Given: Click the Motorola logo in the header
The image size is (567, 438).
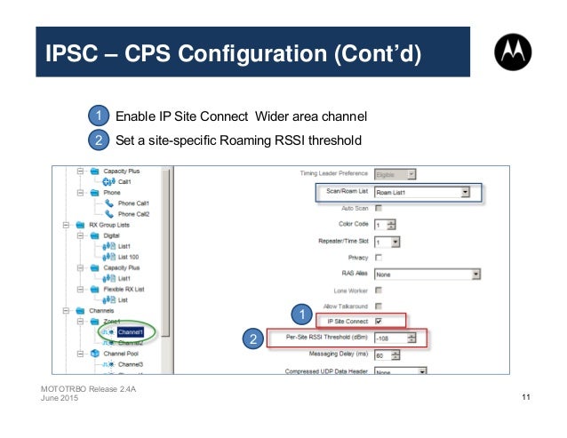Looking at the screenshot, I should [516, 55].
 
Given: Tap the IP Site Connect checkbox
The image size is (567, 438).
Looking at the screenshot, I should [379, 321].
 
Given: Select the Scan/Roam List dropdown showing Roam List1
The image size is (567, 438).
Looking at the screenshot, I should [421, 191].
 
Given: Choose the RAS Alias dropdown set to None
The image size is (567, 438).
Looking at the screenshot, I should [427, 274].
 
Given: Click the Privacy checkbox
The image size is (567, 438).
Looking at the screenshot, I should [379, 257].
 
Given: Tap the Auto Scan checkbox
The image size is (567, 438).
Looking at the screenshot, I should [379, 208].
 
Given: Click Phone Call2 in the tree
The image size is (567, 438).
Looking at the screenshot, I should [133, 213].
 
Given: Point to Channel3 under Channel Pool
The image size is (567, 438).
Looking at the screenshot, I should [131, 364].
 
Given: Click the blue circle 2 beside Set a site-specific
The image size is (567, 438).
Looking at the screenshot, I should [98, 140].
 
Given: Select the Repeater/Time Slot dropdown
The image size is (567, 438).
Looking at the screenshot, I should [387, 241].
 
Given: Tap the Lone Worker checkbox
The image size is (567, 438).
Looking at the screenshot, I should [379, 290].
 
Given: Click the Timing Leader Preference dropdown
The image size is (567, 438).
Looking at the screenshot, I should [395, 174].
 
